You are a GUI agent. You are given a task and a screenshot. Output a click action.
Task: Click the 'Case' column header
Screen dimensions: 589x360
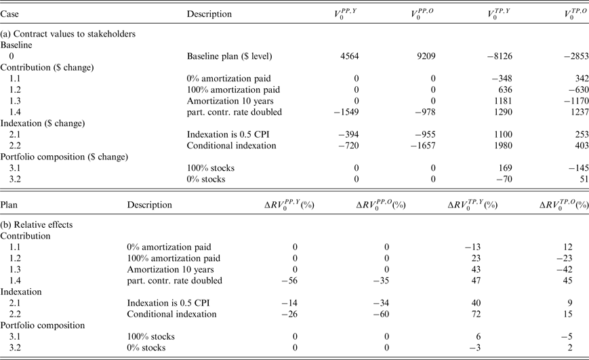pyautogui.click(x=10, y=14)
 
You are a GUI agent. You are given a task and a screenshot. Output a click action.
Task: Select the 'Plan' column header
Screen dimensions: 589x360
pyautogui.click(x=9, y=204)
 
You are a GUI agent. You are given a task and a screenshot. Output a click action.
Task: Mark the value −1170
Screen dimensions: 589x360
pyautogui.click(x=575, y=98)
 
